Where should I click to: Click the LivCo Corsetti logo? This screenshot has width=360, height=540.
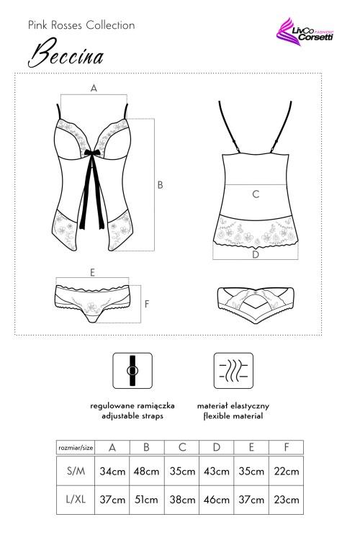(x=305, y=32)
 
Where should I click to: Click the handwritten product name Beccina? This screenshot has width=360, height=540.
(x=66, y=53)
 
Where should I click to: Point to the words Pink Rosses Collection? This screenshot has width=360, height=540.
(x=81, y=25)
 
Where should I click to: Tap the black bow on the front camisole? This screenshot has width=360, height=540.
(x=92, y=153)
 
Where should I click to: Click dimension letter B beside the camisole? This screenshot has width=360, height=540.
(x=160, y=185)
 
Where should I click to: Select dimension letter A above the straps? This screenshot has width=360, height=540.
(x=94, y=88)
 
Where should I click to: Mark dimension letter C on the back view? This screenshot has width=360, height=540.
(x=256, y=194)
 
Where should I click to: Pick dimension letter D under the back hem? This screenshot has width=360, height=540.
(x=256, y=254)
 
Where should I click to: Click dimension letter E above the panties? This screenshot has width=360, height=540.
(x=92, y=273)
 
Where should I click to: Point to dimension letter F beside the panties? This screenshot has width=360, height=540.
(x=147, y=304)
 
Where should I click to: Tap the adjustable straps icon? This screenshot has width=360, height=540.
(x=132, y=371)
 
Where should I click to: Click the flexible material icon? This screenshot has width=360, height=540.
(x=233, y=371)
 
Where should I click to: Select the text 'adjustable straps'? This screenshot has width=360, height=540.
(x=132, y=416)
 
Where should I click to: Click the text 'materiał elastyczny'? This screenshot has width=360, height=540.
(x=233, y=405)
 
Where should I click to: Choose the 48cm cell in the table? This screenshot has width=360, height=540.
(x=147, y=471)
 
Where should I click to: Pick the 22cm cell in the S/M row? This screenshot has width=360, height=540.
(x=287, y=471)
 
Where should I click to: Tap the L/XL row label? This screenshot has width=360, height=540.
(x=76, y=500)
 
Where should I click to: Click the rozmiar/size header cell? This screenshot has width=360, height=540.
(x=76, y=448)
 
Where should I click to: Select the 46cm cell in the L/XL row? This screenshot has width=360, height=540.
(x=216, y=500)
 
